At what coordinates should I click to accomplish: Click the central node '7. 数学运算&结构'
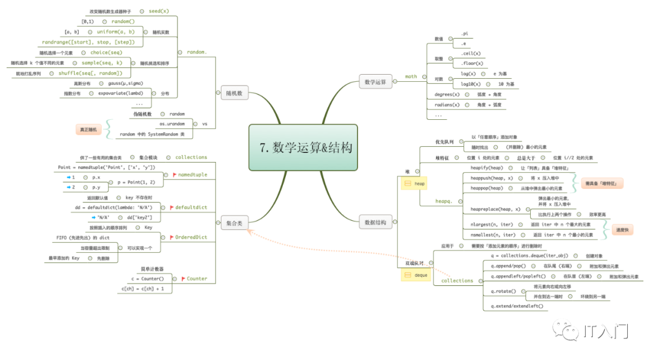tap(303, 147)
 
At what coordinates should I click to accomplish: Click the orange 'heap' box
tap(416, 183)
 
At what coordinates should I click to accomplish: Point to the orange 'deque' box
tap(416, 275)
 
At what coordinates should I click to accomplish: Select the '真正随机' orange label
tap(90, 129)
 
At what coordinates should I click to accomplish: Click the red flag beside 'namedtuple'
tap(175, 175)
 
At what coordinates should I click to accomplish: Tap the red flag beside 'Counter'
tap(183, 279)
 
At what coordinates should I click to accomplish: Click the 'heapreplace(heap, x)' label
tap(495, 209)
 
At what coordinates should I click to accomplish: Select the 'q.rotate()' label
tap(504, 291)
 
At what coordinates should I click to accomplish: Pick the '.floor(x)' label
tap(471, 63)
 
